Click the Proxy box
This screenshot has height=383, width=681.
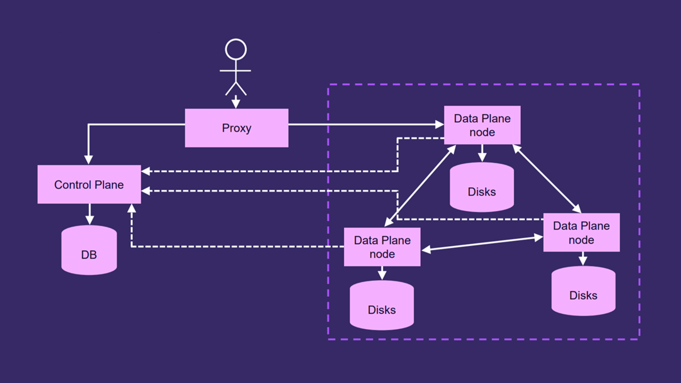point(236,128)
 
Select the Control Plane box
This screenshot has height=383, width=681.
point(89,184)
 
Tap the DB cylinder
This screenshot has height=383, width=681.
point(89,251)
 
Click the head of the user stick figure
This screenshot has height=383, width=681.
point(236,50)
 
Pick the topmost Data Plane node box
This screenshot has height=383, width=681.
point(482,125)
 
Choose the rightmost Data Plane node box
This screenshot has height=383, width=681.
point(581,232)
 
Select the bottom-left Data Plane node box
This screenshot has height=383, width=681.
point(382,247)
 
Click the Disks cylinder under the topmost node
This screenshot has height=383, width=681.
point(482,187)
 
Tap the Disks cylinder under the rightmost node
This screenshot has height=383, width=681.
point(583,291)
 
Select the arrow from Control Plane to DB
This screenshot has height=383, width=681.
point(89,214)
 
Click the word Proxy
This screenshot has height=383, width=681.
point(236,128)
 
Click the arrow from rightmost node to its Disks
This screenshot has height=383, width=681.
point(583,259)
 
